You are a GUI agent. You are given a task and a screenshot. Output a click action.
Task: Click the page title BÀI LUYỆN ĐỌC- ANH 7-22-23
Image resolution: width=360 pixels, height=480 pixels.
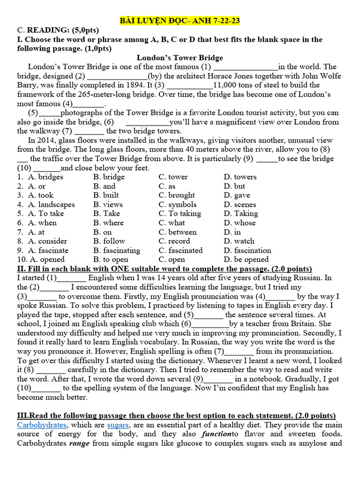click(180, 21)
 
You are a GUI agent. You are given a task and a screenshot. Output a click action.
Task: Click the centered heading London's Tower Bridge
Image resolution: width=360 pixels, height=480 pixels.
click(180, 58)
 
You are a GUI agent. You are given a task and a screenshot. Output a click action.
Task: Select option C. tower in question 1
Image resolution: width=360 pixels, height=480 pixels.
click(173, 177)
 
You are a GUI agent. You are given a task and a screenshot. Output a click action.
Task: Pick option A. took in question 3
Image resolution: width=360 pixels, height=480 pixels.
click(41, 195)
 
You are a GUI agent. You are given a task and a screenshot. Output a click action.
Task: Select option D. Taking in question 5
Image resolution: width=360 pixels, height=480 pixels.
click(238, 214)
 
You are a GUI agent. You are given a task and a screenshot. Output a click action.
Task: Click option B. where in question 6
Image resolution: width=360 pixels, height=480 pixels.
click(108, 223)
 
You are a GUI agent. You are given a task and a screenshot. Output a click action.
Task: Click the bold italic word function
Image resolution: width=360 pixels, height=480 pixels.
click(217, 434)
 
